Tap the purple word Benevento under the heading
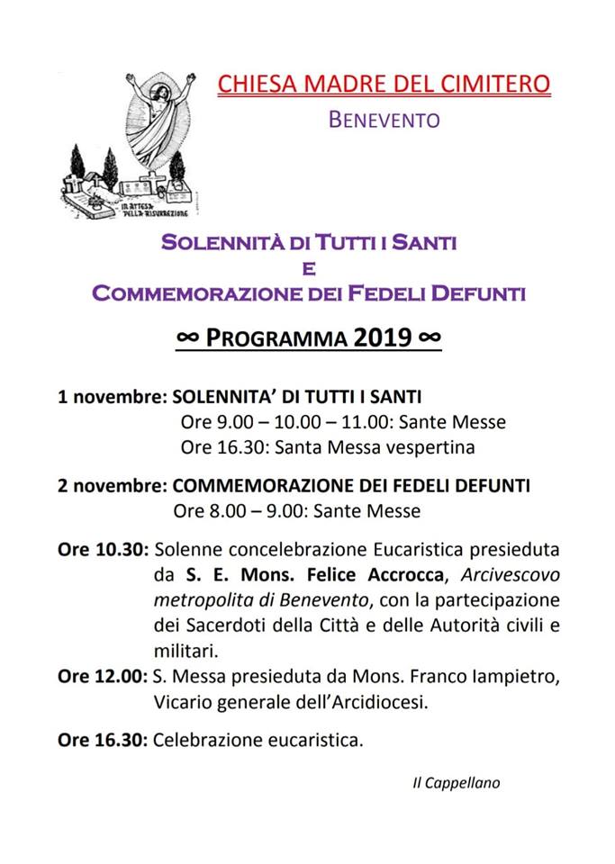click(384, 119)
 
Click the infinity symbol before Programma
click(187, 337)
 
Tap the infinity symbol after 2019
click(430, 337)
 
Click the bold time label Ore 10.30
click(103, 549)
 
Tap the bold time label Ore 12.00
click(103, 677)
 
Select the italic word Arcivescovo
click(509, 574)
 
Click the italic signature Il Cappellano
click(450, 782)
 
